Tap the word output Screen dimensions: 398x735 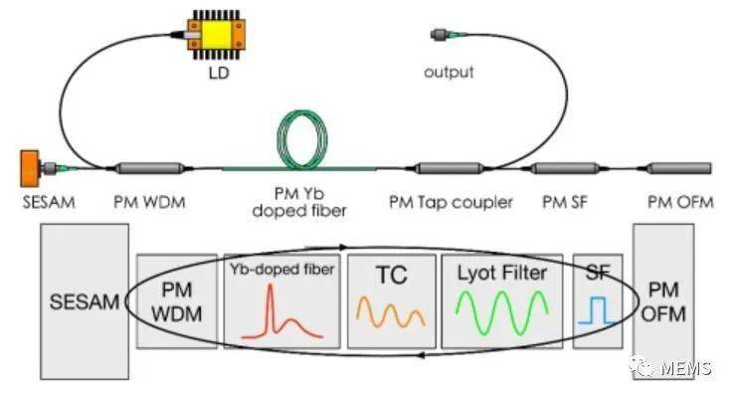[x=450, y=73]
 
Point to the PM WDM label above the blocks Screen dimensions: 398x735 [x=149, y=203]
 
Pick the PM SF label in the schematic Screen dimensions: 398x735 [x=565, y=203]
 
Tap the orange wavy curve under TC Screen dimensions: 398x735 [x=391, y=311]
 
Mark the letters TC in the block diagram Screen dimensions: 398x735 [x=391, y=272]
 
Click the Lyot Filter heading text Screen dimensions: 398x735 [x=501, y=271]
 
